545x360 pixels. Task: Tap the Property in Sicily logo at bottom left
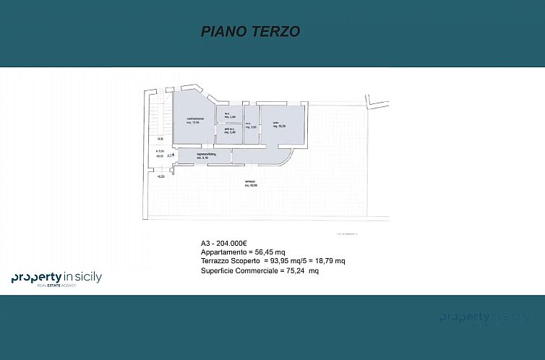pos(56,279)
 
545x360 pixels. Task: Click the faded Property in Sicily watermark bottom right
pos(484,319)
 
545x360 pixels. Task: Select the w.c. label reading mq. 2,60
pos(228,115)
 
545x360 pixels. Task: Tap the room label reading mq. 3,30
pos(251,126)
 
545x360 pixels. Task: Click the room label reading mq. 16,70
pos(279,125)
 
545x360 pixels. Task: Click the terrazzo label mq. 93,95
pos(251,184)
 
